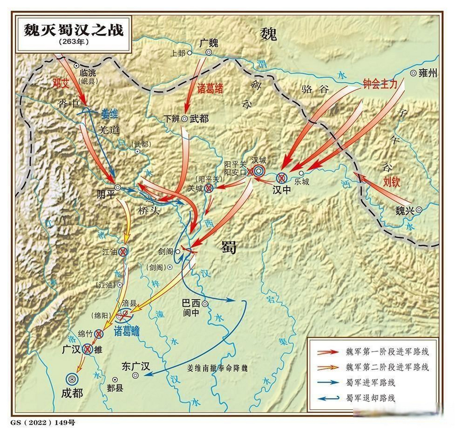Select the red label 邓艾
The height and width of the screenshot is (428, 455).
(x=61, y=83)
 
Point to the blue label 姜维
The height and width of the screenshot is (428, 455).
(x=109, y=114)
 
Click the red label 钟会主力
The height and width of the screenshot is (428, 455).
(x=380, y=84)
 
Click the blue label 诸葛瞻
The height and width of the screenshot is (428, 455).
(x=127, y=331)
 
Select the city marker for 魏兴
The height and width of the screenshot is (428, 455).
(x=419, y=210)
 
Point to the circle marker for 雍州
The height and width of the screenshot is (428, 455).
(x=413, y=73)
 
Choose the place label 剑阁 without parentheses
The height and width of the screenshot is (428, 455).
(x=166, y=251)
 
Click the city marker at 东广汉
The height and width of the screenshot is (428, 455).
(x=135, y=375)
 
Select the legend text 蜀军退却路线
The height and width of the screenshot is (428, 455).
(x=371, y=398)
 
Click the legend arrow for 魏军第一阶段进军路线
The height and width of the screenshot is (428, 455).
(x=328, y=352)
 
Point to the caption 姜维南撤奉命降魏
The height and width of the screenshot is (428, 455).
(x=217, y=368)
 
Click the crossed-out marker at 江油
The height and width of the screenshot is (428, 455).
(x=123, y=251)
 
